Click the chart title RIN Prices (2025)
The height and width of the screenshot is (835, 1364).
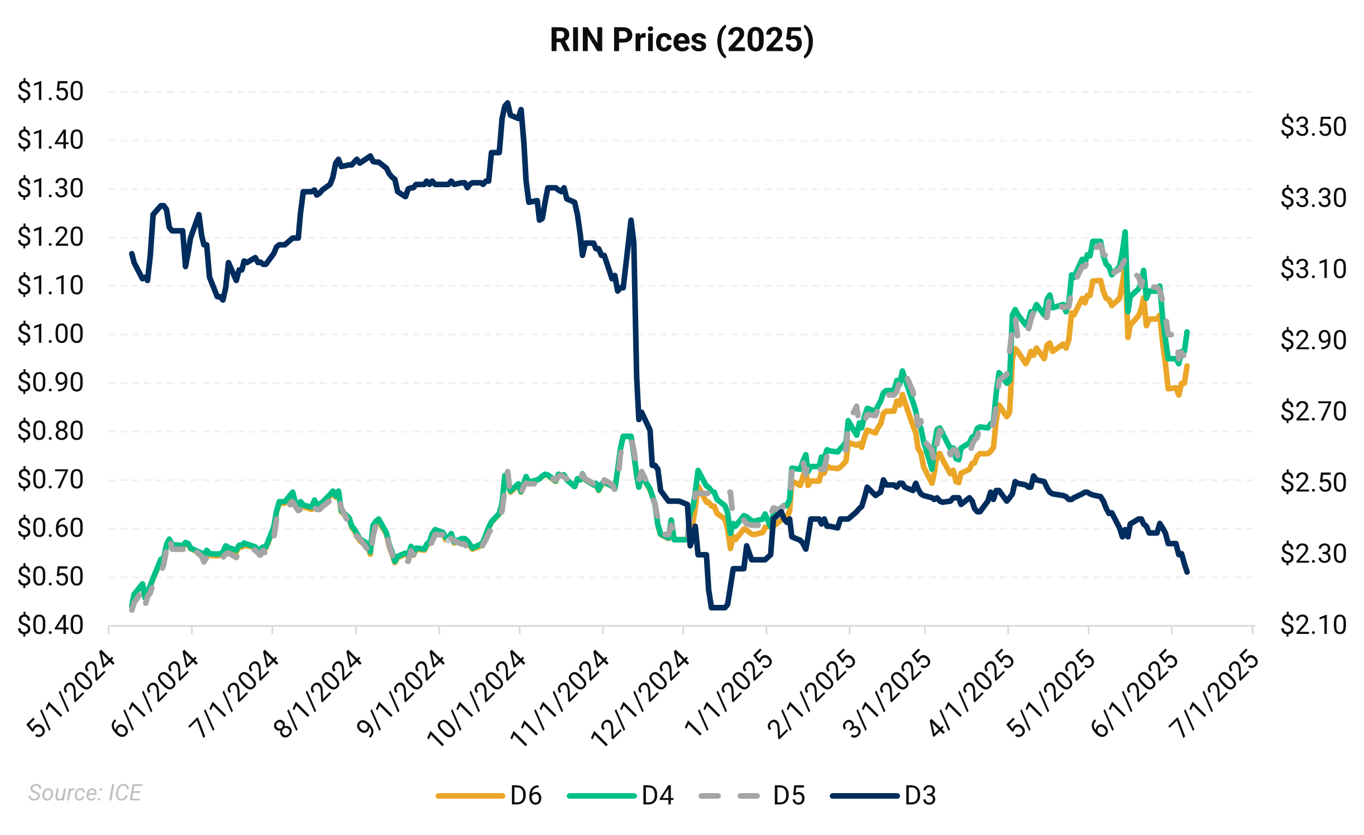pyautogui.click(x=682, y=40)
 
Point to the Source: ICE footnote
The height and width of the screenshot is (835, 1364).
pyautogui.click(x=85, y=793)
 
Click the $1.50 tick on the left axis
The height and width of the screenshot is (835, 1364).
pyautogui.click(x=50, y=91)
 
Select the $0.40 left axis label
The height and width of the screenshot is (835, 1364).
pyautogui.click(x=50, y=625)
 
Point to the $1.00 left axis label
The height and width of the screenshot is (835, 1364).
pyautogui.click(x=50, y=334)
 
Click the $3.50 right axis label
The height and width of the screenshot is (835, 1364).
pyautogui.click(x=1313, y=127)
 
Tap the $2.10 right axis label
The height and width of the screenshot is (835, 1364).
pyautogui.click(x=1313, y=624)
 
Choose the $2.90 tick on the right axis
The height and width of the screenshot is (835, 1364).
pyautogui.click(x=1313, y=340)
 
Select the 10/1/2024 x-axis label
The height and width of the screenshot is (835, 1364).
pyautogui.click(x=476, y=699)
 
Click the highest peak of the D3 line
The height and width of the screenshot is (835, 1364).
pyautogui.click(x=507, y=103)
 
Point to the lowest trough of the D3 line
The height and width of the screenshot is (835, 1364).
pyautogui.click(x=718, y=608)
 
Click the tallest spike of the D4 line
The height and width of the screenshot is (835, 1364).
pyautogui.click(x=1125, y=232)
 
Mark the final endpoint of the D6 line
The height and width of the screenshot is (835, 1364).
pyautogui.click(x=1188, y=366)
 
